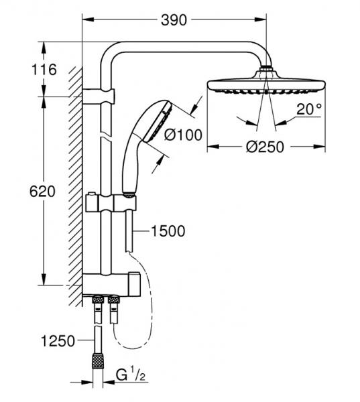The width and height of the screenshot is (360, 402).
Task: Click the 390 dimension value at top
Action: (x=174, y=21)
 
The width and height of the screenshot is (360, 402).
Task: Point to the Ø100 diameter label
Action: (x=183, y=135)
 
